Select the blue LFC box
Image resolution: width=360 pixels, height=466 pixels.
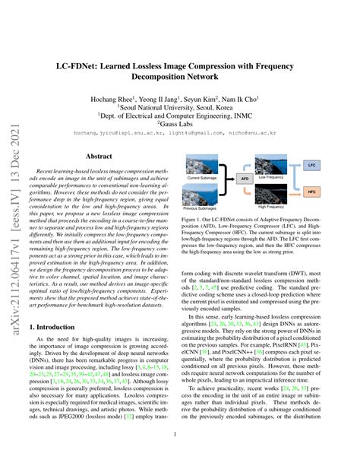[310, 164]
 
